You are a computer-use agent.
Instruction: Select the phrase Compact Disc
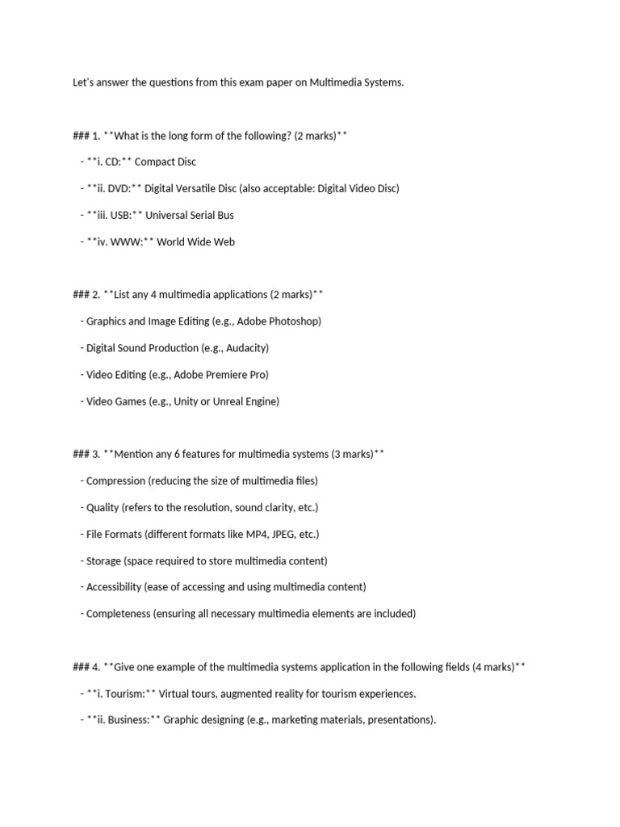pos(165,162)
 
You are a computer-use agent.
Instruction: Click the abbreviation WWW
pos(124,242)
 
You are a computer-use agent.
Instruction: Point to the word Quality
pos(103,508)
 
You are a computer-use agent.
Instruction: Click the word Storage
pos(105,561)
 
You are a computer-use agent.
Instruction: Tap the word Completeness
pos(119,614)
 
